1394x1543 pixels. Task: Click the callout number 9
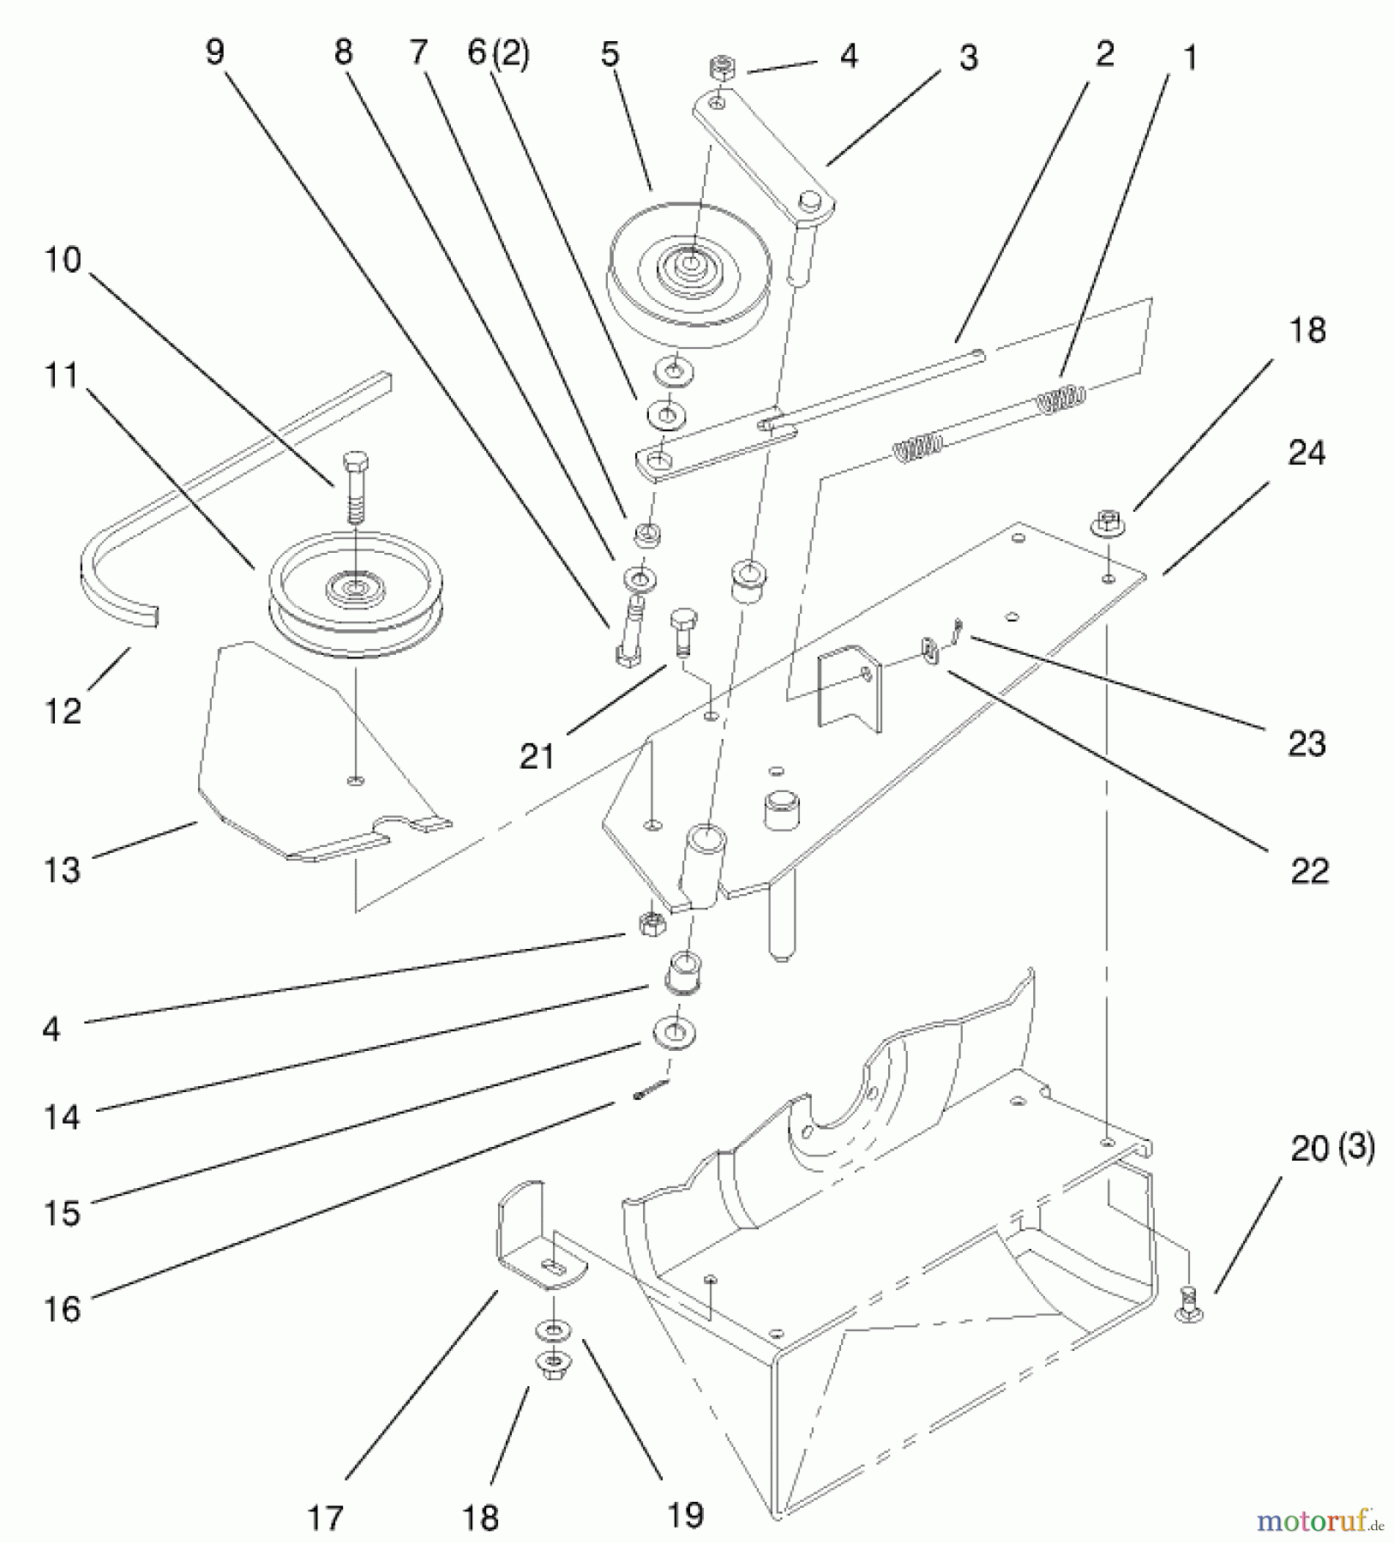(214, 52)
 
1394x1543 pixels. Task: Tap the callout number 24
(1307, 453)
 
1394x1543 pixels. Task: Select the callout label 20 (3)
(1331, 1148)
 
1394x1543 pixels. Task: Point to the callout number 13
(62, 869)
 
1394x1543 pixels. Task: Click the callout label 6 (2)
(498, 53)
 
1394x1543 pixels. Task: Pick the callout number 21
(538, 756)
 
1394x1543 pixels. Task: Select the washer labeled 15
(675, 1033)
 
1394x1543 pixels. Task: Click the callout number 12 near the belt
(63, 710)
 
